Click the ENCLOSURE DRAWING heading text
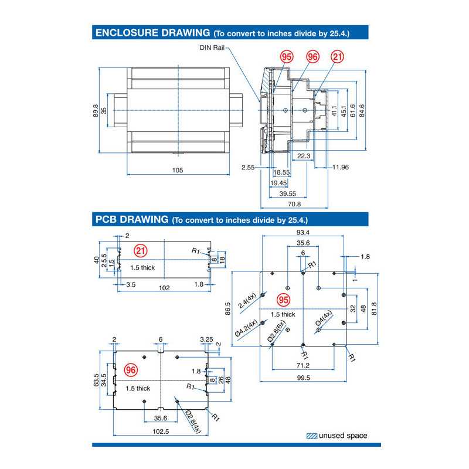(x=152, y=32)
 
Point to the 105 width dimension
(x=178, y=170)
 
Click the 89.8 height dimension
(x=96, y=111)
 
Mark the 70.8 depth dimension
(x=294, y=204)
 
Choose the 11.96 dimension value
(x=340, y=168)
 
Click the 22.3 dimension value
(x=303, y=155)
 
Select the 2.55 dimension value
(x=248, y=168)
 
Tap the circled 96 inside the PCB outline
(x=131, y=370)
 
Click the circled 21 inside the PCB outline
(x=140, y=251)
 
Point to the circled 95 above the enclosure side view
(x=287, y=57)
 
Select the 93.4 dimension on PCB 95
(x=303, y=232)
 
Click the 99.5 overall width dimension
(x=303, y=378)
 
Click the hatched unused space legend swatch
(x=312, y=436)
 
